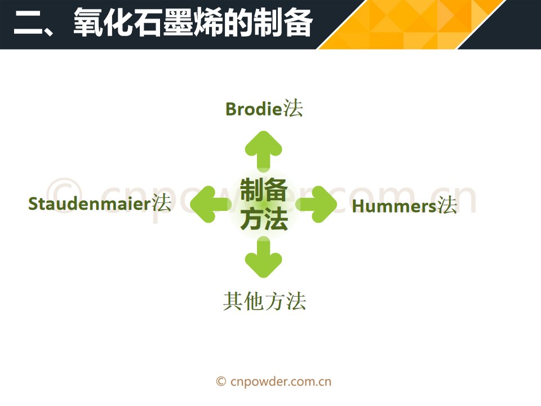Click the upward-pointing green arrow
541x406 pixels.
click(264, 151)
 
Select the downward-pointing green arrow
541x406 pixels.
click(264, 257)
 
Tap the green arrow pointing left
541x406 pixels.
click(210, 204)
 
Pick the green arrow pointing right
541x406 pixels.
click(317, 204)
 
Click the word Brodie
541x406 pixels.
click(254, 109)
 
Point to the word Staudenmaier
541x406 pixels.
click(90, 204)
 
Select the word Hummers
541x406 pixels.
click(394, 206)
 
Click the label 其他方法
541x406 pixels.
click(264, 301)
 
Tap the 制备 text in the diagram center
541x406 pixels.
click(264, 189)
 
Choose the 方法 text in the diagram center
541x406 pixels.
click(264, 219)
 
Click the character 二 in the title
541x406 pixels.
click(28, 23)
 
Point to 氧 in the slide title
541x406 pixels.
click(88, 23)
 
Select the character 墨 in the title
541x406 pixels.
click(178, 23)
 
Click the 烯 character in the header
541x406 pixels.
click(208, 23)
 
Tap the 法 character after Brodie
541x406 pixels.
click(293, 108)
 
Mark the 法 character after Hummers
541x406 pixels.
click(447, 205)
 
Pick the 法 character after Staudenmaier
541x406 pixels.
click(162, 202)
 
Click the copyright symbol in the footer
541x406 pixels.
click(221, 382)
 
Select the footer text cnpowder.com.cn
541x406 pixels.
click(281, 382)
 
